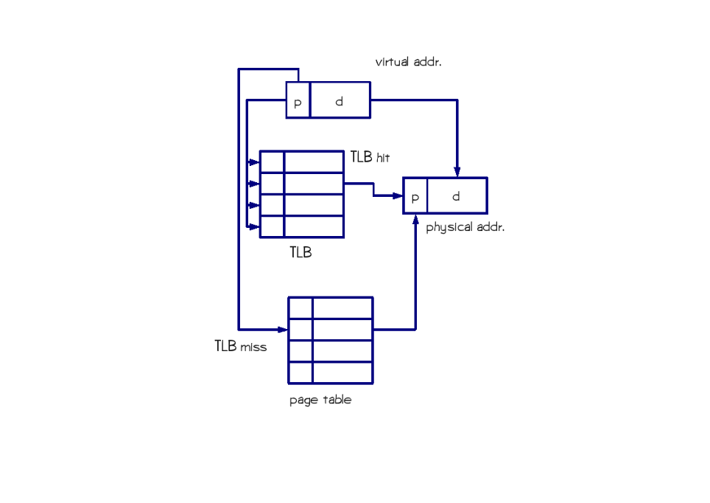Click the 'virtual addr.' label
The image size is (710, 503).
coord(409,62)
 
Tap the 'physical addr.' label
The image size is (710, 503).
coord(465,227)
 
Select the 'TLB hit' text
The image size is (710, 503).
coord(370,157)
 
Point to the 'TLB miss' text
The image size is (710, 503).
coord(240,346)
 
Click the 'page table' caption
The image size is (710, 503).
coord(320,400)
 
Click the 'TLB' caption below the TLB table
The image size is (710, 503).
coord(300,252)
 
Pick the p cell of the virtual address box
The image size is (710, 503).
coord(298,100)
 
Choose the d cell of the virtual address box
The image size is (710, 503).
coord(340,100)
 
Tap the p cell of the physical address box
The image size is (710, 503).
coord(415,195)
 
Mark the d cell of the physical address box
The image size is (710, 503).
coord(457,195)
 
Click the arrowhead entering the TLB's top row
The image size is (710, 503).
coord(255,162)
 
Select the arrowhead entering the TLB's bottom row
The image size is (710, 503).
coord(255,226)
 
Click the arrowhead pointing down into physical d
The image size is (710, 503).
coord(457,172)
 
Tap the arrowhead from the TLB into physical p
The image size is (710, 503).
coord(398,196)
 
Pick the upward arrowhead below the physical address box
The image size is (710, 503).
coord(415,220)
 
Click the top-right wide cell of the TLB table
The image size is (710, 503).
coord(314,162)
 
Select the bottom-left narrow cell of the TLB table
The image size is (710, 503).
coord(272,226)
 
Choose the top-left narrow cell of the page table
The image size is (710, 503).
coord(300,308)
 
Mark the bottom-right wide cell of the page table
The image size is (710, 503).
coord(342,373)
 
